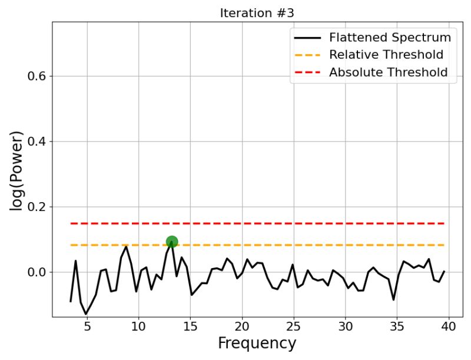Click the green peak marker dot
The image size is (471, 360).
171,241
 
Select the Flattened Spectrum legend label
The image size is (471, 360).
390,38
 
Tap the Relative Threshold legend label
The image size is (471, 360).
386,55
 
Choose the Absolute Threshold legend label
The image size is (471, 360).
388,72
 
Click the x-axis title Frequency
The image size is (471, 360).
257,343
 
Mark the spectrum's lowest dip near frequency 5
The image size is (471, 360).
86,314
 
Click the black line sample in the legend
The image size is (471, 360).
307,38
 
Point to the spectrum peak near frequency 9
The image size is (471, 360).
126,246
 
